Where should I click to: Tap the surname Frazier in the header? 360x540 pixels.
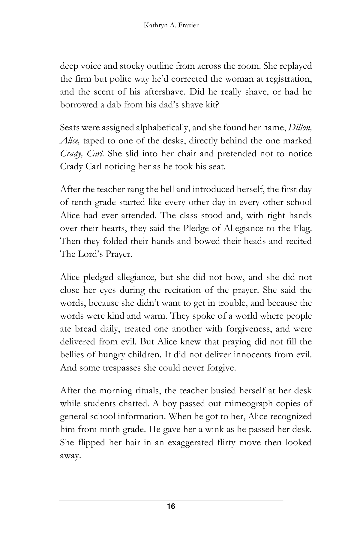(188, 25)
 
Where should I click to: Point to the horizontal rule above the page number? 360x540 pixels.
(171, 500)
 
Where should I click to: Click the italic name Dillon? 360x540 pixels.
(300, 128)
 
